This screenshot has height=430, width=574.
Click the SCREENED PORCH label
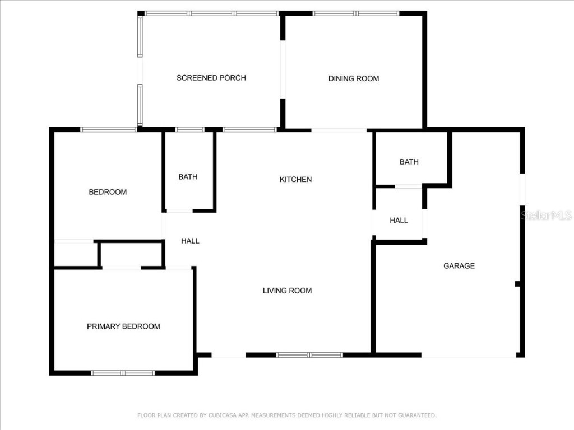(211, 78)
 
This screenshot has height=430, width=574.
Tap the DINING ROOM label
(354, 78)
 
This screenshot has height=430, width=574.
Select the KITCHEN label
(295, 180)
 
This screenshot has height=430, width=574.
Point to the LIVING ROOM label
(287, 291)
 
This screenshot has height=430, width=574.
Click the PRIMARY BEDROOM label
(123, 326)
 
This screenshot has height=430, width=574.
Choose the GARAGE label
(459, 266)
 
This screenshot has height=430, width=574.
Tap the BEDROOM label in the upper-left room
(108, 192)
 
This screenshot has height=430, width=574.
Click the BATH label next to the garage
(409, 162)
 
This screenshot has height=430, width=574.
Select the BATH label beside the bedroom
(188, 177)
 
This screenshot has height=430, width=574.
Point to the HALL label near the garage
(399, 221)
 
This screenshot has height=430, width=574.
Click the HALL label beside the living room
(190, 241)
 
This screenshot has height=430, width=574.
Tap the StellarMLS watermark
(546, 216)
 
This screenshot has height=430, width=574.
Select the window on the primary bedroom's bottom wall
(123, 373)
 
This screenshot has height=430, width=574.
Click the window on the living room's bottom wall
(309, 355)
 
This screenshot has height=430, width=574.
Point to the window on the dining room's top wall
(355, 13)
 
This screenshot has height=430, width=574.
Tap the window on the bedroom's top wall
(109, 129)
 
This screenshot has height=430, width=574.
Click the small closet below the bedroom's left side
(76, 255)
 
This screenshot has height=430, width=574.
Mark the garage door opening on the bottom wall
(469, 355)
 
